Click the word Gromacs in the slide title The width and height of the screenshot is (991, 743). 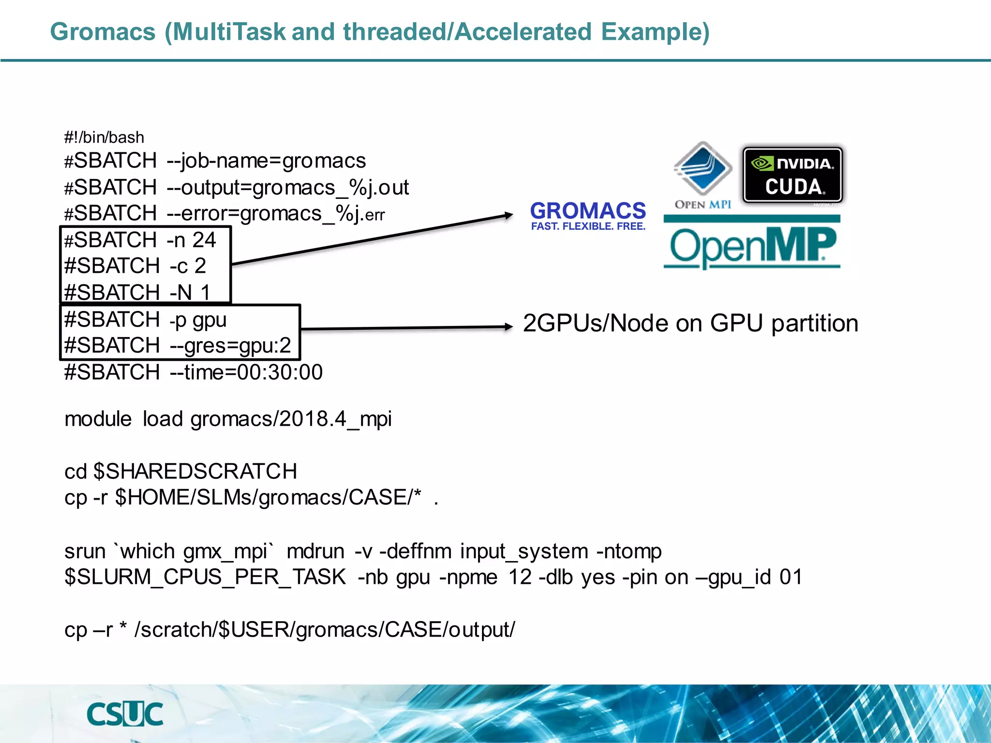click(x=103, y=32)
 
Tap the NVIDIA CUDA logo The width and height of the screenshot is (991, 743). click(x=793, y=175)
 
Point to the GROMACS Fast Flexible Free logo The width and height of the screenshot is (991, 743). click(x=588, y=216)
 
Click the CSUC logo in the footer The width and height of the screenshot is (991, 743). click(x=125, y=714)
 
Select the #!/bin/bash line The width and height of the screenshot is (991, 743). click(x=104, y=137)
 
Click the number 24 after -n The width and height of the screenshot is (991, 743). click(x=204, y=240)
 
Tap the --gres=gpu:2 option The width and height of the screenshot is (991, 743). click(x=230, y=346)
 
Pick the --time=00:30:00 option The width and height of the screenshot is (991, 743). click(x=246, y=372)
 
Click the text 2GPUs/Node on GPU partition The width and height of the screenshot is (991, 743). click(x=691, y=323)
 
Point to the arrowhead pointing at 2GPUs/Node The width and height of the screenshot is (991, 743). click(x=508, y=327)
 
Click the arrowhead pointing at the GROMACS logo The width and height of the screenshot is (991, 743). click(x=508, y=215)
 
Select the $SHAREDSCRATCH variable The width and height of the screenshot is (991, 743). click(x=195, y=471)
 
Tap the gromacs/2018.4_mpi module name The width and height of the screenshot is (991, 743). click(x=291, y=419)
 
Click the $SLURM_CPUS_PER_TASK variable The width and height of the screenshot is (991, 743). click(x=205, y=577)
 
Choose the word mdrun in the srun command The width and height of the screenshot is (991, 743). click(x=315, y=551)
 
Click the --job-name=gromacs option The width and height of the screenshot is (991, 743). click(x=266, y=161)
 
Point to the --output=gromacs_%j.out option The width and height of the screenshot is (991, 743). click(x=288, y=188)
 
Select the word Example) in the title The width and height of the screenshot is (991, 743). click(x=655, y=32)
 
